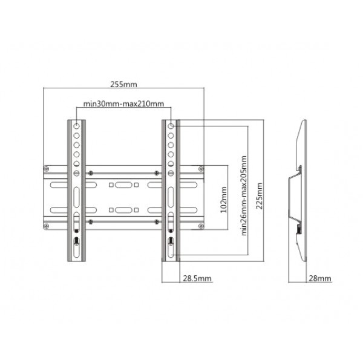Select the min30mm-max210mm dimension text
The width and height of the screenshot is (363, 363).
coord(124,104)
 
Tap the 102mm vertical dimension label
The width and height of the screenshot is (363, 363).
coord(224,197)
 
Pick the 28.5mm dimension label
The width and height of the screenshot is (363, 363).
coord(197,278)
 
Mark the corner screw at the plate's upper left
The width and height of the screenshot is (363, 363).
coord(47,169)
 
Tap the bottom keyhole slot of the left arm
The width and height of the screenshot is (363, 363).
coord(77,243)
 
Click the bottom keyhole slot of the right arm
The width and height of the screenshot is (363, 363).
coord(171,243)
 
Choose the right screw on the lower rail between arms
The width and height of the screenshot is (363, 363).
coord(157,222)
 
